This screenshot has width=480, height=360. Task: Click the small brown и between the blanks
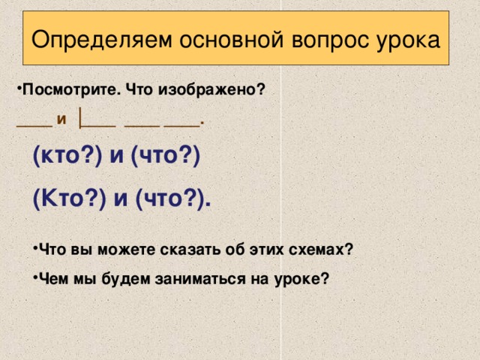click(x=61, y=118)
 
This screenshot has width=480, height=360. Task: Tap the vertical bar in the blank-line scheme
click(x=80, y=118)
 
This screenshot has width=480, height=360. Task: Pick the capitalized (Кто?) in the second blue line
click(x=68, y=199)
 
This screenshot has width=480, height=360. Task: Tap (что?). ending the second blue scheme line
click(x=172, y=199)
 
